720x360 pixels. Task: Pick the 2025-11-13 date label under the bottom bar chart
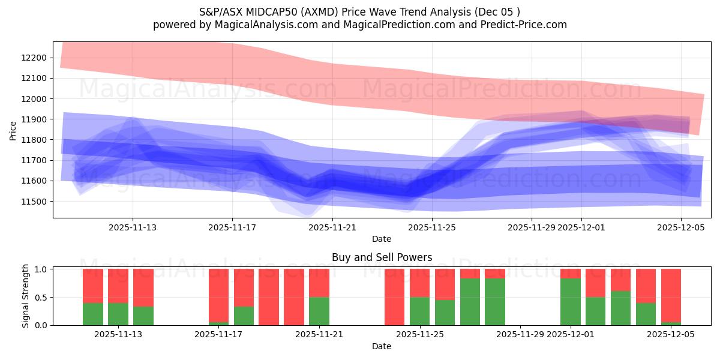[x=118, y=334]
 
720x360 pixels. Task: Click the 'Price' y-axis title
[x=13, y=130]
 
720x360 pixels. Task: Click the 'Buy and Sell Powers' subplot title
[x=382, y=257]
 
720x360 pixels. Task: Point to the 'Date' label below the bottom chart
[x=382, y=346]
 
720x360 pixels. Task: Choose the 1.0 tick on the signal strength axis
[x=41, y=269]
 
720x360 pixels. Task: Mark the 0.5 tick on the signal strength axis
[x=41, y=297]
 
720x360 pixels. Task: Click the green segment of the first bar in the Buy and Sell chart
[x=93, y=314]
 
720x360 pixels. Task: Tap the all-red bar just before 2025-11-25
[x=394, y=297]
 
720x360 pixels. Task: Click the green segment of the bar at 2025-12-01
[x=571, y=302]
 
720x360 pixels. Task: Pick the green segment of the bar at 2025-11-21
[x=319, y=311]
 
